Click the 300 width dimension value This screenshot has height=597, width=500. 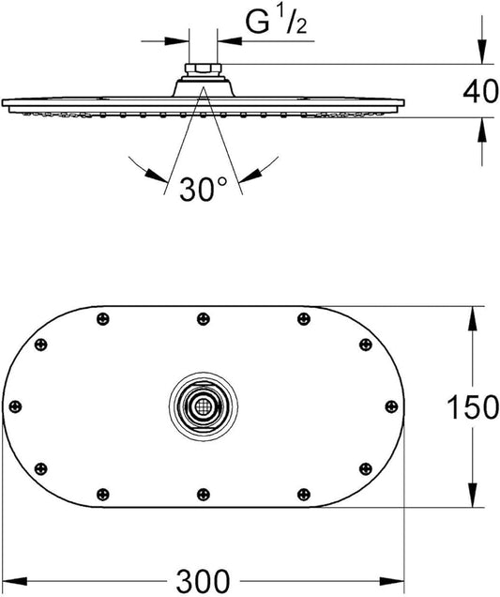click(x=203, y=581)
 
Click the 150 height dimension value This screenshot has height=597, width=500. click(x=473, y=406)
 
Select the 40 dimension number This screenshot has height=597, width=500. click(x=480, y=91)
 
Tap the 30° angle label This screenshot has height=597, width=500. click(x=203, y=190)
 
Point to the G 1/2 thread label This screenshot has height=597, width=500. click(x=276, y=23)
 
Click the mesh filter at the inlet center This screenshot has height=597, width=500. click(x=204, y=406)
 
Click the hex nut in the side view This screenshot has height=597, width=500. click(x=203, y=69)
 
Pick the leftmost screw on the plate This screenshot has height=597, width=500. click(x=15, y=406)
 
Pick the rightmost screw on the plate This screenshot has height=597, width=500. click(x=391, y=406)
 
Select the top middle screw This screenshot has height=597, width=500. click(x=204, y=318)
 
